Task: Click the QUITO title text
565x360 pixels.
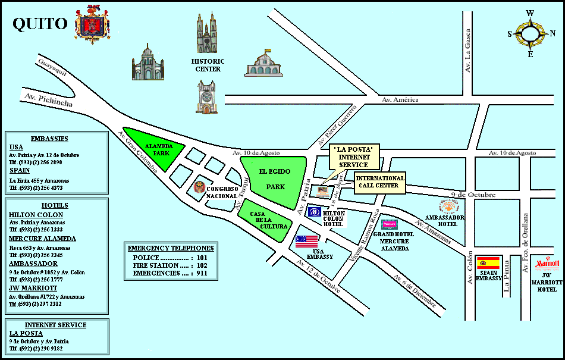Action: click(40, 24)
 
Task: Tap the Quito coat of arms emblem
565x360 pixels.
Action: click(92, 24)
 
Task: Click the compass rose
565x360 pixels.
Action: click(530, 33)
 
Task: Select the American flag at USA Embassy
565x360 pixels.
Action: click(306, 241)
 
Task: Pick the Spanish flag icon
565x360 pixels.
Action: click(488, 262)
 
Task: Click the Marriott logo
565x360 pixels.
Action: click(547, 264)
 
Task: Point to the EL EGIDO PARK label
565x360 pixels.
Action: click(275, 179)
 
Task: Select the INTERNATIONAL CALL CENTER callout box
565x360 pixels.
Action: click(380, 182)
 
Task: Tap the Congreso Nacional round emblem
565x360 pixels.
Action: click(199, 188)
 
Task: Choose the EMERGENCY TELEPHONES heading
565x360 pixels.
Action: click(171, 248)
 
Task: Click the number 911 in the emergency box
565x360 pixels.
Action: click(202, 273)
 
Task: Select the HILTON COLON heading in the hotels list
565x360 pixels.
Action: click(36, 215)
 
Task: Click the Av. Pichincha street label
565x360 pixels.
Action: click(49, 99)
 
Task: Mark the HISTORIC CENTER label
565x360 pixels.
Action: click(208, 65)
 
